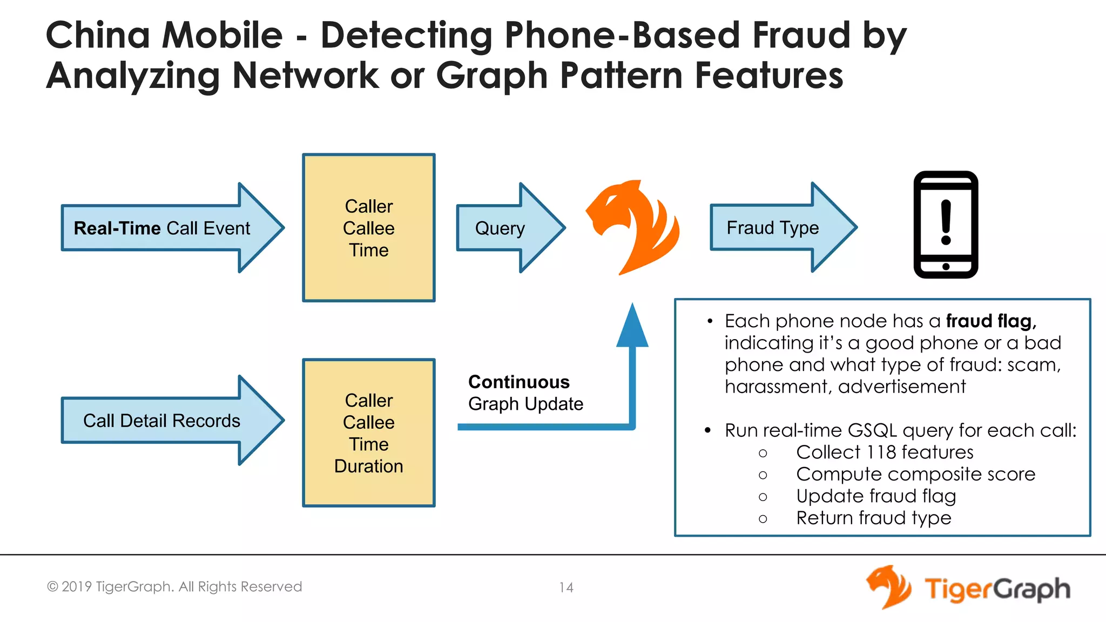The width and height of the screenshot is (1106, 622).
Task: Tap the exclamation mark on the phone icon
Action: pyautogui.click(x=946, y=222)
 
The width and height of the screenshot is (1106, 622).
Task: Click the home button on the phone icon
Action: pyautogui.click(x=946, y=267)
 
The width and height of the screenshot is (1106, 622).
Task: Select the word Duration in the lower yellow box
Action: pyautogui.click(x=369, y=466)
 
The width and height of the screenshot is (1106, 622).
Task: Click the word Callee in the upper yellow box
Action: pyautogui.click(x=369, y=228)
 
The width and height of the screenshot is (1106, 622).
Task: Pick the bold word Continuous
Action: pyautogui.click(x=519, y=382)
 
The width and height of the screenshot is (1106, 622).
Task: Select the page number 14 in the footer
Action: pyautogui.click(x=566, y=587)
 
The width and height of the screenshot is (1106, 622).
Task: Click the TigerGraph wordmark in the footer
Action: pyautogui.click(x=997, y=589)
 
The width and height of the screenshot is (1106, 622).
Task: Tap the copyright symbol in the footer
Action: pyautogui.click(x=52, y=587)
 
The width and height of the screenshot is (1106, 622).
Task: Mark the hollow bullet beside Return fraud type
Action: pyautogui.click(x=763, y=519)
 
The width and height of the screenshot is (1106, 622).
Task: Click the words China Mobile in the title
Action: pyautogui.click(x=164, y=35)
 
